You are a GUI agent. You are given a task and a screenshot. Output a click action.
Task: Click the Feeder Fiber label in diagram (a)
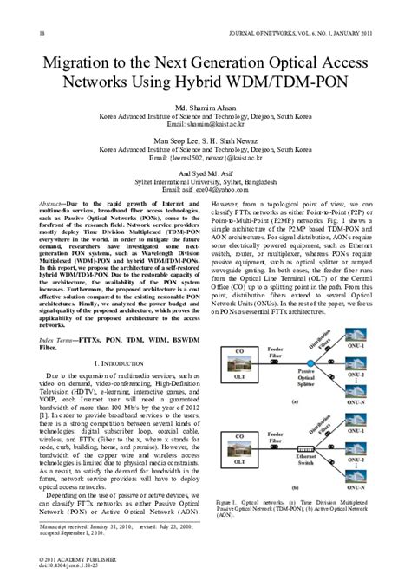[x=275, y=352]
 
